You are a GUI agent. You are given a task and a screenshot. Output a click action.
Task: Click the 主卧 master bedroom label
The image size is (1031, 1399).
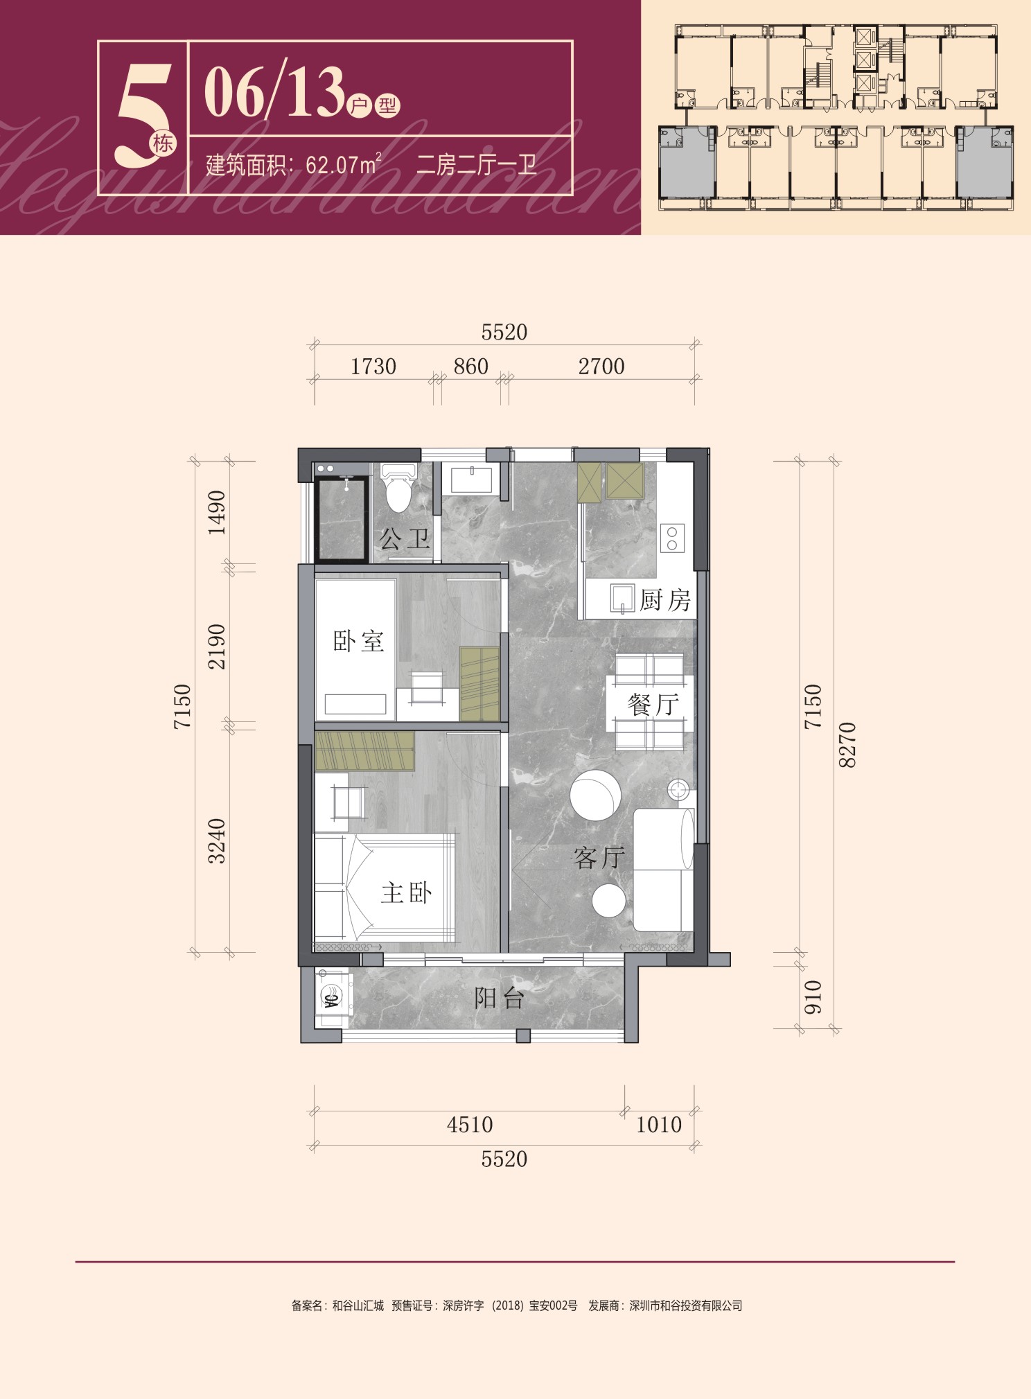pyautogui.click(x=407, y=892)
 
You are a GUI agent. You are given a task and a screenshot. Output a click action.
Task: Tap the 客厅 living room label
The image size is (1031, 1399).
pyautogui.click(x=599, y=858)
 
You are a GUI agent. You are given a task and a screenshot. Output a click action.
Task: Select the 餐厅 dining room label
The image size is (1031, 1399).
pyautogui.click(x=653, y=705)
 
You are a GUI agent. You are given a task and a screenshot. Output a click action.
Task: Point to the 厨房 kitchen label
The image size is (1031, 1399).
pyautogui.click(x=665, y=599)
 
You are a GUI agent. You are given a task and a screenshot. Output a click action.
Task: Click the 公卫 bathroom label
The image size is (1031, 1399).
pyautogui.click(x=405, y=538)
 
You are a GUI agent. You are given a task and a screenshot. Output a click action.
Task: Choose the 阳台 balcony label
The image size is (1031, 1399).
pyautogui.click(x=499, y=998)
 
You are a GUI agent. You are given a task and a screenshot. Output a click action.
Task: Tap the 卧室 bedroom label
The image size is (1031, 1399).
pyautogui.click(x=358, y=641)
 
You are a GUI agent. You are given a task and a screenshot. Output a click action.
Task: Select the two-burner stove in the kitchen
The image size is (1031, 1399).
pyautogui.click(x=672, y=538)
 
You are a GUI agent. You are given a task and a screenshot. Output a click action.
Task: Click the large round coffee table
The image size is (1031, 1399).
pyautogui.click(x=596, y=795)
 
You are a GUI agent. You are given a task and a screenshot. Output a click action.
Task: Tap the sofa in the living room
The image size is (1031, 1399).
pyautogui.click(x=664, y=870)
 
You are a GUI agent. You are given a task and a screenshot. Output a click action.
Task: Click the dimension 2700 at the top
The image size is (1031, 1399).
pyautogui.click(x=601, y=367)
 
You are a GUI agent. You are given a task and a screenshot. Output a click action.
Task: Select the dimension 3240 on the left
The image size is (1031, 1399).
pyautogui.click(x=217, y=841)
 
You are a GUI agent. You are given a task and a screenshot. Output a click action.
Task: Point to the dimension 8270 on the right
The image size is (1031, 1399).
pyautogui.click(x=847, y=745)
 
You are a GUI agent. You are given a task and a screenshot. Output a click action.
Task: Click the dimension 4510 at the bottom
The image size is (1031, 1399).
pyautogui.click(x=470, y=1125)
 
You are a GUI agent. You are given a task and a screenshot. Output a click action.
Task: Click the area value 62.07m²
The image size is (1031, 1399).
pyautogui.click(x=344, y=165)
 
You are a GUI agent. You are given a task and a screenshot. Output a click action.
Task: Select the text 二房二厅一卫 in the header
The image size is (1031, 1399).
pyautogui.click(x=477, y=164)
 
